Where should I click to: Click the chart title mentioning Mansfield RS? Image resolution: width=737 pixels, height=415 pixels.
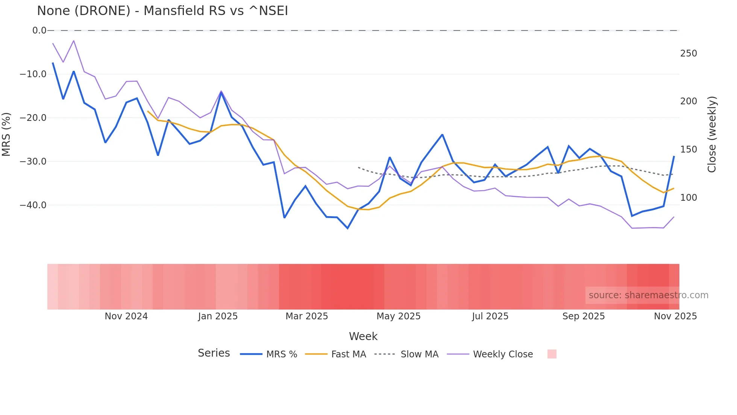point(162,11)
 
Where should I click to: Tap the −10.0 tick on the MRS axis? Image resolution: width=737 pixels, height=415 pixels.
point(33,74)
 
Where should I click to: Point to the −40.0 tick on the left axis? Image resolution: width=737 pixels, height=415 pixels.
point(33,205)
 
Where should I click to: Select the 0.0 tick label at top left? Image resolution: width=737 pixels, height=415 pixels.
point(39,31)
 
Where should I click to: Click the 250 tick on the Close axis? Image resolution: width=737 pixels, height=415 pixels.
point(688,53)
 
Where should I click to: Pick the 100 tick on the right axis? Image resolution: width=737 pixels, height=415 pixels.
point(688,198)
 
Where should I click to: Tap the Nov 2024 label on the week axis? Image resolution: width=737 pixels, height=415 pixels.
point(126,316)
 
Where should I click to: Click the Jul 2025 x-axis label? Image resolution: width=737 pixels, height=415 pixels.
point(490,316)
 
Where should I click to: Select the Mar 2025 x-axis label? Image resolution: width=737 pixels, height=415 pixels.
point(306,316)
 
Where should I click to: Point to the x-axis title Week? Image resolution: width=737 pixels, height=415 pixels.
point(363,336)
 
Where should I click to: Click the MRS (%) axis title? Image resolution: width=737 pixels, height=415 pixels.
point(6,134)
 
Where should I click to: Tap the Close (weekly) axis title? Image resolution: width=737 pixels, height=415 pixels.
point(711,134)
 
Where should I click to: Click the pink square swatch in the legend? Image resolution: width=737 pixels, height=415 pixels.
point(552,354)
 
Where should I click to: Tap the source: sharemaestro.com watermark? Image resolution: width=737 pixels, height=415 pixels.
point(648,295)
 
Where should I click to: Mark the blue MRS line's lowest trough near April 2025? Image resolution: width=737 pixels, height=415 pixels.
point(347,228)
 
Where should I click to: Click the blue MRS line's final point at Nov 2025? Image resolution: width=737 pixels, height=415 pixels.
point(674,156)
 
